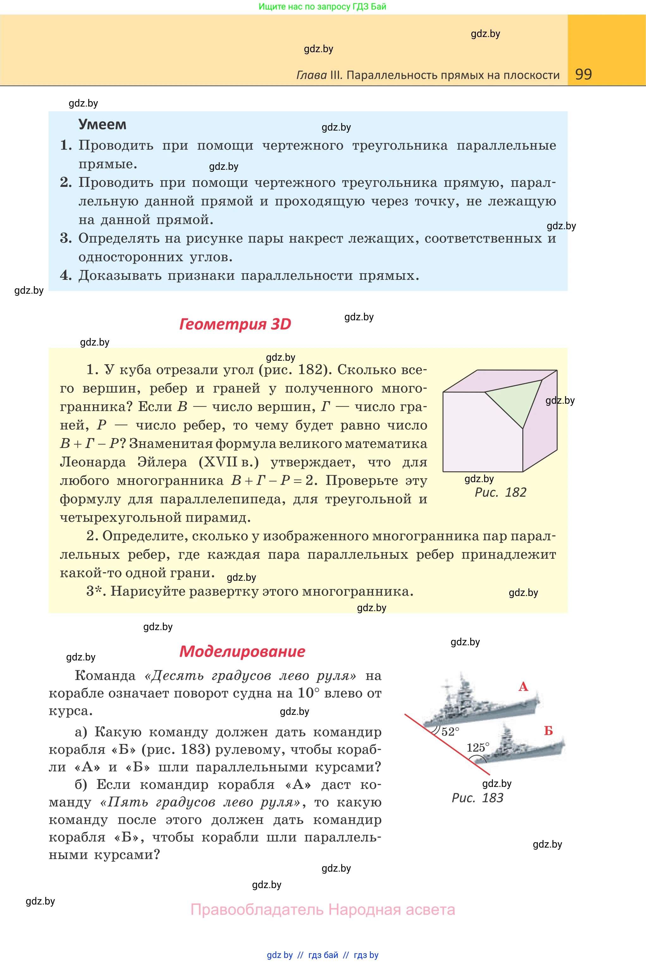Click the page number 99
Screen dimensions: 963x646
click(x=583, y=74)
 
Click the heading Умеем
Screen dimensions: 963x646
click(x=102, y=124)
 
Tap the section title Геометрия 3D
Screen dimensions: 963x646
click(x=235, y=324)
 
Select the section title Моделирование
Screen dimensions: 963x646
click(x=242, y=651)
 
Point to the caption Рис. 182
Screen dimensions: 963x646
click(x=500, y=492)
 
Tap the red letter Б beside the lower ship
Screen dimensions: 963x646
click(x=548, y=730)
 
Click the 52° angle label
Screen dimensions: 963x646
click(x=450, y=732)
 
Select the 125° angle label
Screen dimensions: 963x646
click(x=478, y=747)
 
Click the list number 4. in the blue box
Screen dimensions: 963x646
click(x=66, y=275)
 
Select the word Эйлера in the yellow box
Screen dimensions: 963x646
click(x=162, y=462)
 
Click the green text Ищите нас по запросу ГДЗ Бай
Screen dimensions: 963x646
click(x=322, y=7)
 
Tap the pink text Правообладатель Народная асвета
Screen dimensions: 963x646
click(x=323, y=909)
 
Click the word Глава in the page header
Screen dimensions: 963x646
click(x=311, y=75)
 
